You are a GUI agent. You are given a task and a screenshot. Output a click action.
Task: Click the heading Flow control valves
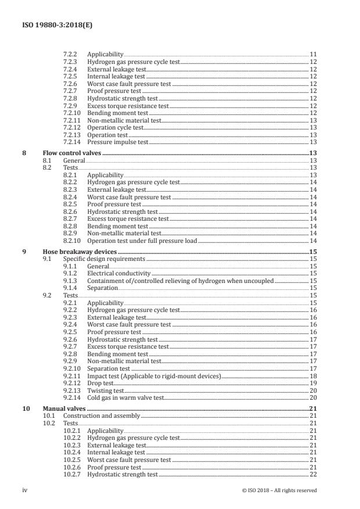point(72,153)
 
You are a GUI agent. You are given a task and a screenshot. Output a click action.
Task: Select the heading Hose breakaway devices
point(77,252)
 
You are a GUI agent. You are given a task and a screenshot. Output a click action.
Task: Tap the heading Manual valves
point(63,409)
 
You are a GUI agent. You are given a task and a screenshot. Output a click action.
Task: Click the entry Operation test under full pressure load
point(142,241)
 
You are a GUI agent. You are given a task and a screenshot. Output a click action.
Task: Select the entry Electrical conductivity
point(118,273)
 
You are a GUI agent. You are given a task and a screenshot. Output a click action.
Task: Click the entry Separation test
point(109,368)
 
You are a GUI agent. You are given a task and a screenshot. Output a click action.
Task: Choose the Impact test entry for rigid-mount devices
point(154,377)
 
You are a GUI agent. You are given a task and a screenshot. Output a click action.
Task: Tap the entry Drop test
point(101,383)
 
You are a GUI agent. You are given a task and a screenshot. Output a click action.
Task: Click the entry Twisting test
point(105,390)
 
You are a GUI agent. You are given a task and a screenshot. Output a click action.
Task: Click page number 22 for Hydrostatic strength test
point(313,475)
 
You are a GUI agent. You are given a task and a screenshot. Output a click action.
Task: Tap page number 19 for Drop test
point(313,383)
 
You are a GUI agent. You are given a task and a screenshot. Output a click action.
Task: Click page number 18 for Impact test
point(313,377)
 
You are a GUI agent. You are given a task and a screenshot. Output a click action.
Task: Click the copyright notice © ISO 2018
point(279,490)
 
